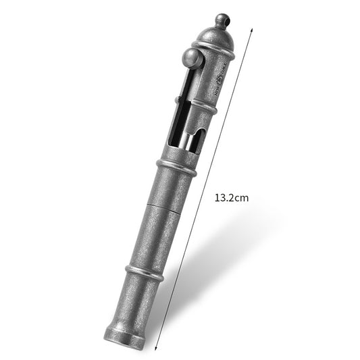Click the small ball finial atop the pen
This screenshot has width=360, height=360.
223,20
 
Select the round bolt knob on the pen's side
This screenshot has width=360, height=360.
192,60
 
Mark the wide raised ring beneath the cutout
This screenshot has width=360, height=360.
176,167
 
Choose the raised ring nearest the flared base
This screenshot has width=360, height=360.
145,272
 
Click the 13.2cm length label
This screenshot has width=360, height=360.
232,198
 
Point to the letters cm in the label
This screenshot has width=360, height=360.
241,198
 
